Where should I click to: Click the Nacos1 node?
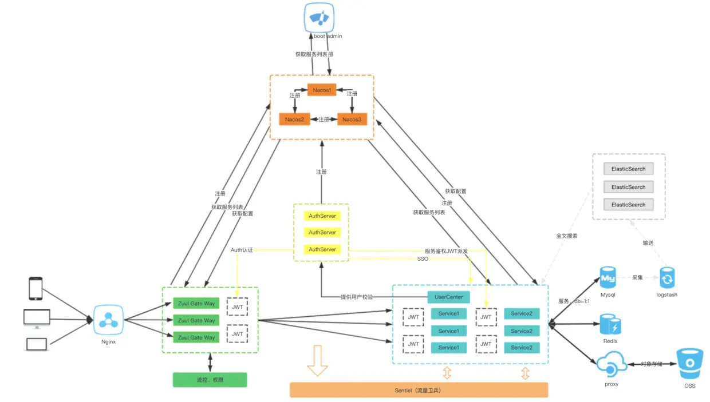322,90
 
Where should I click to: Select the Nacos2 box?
294,119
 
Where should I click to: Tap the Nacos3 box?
352,119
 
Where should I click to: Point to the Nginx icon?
108,320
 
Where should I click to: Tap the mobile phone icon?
35,288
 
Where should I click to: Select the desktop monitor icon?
37,319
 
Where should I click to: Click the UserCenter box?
448,297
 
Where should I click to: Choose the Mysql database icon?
608,277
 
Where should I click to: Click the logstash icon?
667,278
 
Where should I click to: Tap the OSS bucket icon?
689,364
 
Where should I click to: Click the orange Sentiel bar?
419,390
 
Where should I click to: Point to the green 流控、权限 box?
210,380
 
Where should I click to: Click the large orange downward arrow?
317,361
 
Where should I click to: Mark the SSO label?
423,259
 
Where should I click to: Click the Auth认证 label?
242,250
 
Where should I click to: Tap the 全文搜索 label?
567,236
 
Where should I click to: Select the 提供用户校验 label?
357,297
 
